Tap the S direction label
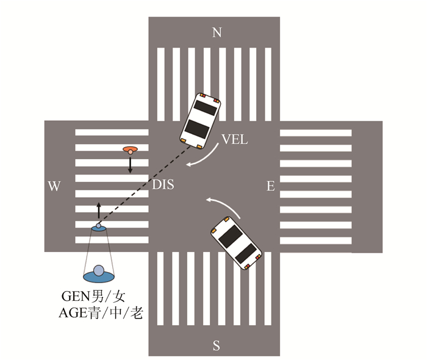coord(216,345)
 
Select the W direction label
coord(54,186)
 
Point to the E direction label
coord(270,186)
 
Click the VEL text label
coord(235,140)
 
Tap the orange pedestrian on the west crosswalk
coord(129,149)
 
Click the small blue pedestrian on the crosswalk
coord(98,228)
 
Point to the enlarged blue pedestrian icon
coord(98,273)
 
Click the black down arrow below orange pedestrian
coord(130,165)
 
